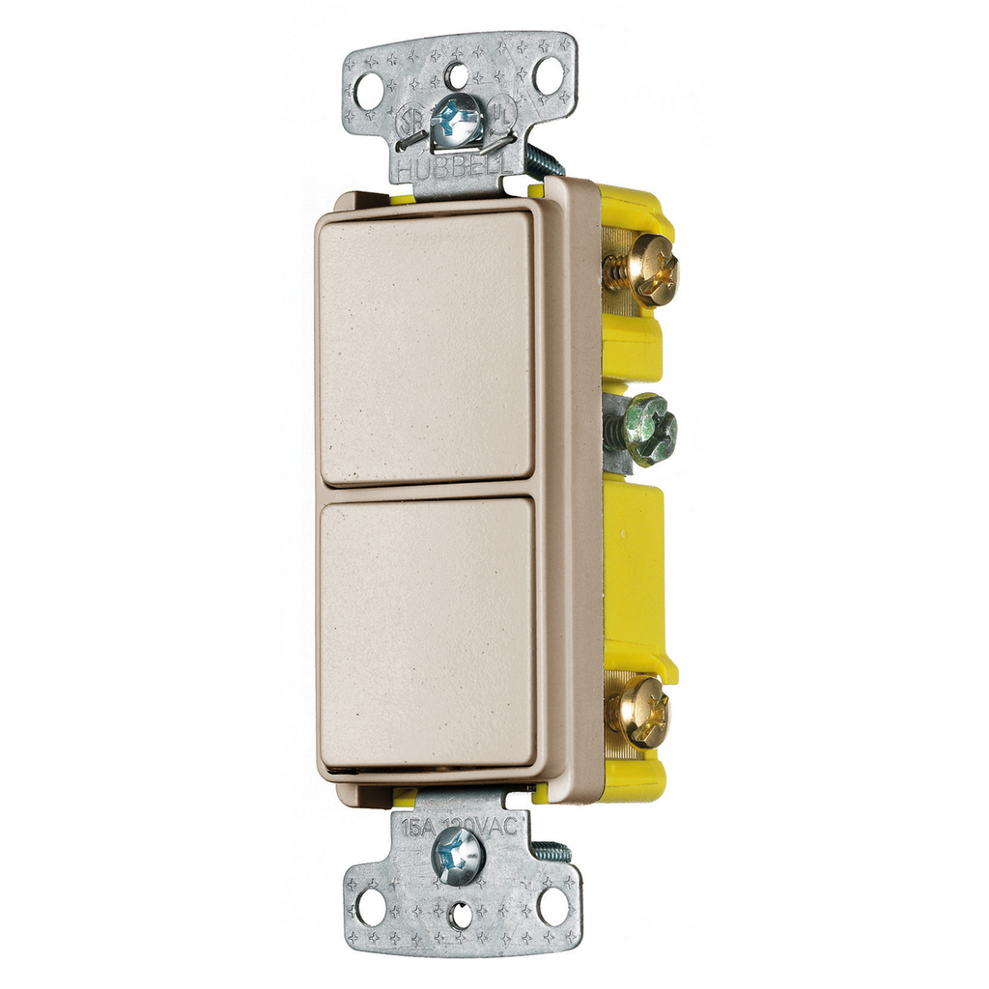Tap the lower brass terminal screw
641,711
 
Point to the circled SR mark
408,124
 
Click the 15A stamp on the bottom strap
417,827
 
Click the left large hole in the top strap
368,92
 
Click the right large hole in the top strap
548,76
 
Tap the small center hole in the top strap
458,74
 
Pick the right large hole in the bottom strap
552,906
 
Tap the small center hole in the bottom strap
462,915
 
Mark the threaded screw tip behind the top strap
543,159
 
